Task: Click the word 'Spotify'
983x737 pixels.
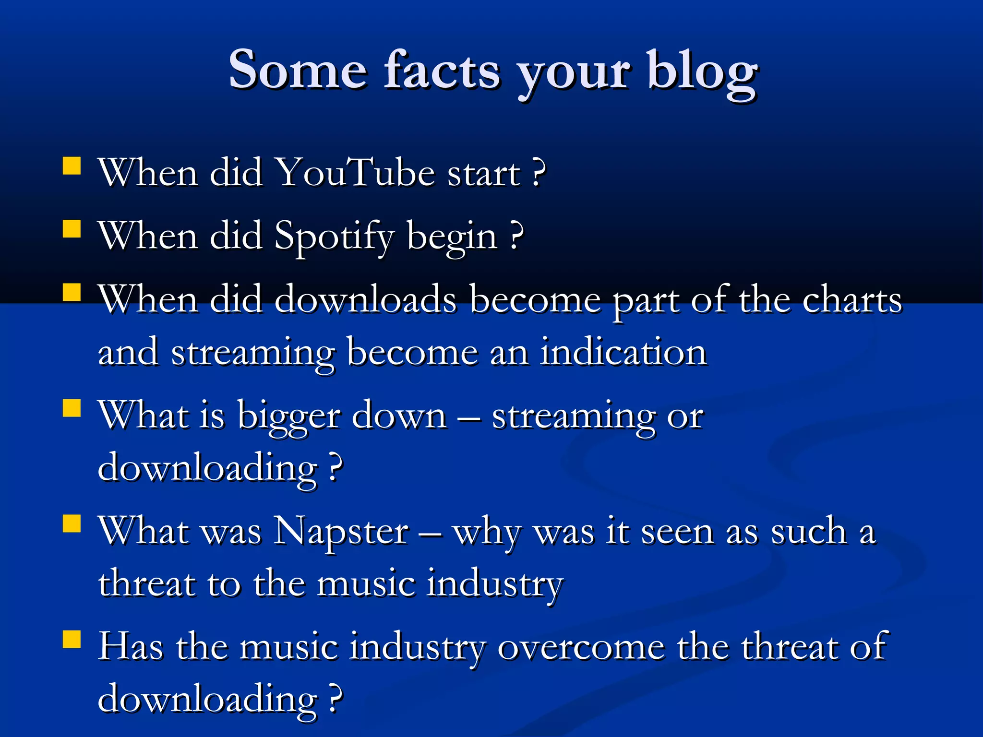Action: click(x=334, y=236)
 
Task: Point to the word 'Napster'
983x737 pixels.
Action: click(x=341, y=531)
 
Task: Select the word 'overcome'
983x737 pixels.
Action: click(x=581, y=647)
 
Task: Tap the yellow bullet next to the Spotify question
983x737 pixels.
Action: click(x=72, y=228)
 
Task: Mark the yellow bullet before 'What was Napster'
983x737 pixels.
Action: click(x=72, y=523)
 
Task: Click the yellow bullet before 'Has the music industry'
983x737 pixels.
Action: click(x=72, y=639)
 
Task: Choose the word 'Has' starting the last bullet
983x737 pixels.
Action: click(x=131, y=646)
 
